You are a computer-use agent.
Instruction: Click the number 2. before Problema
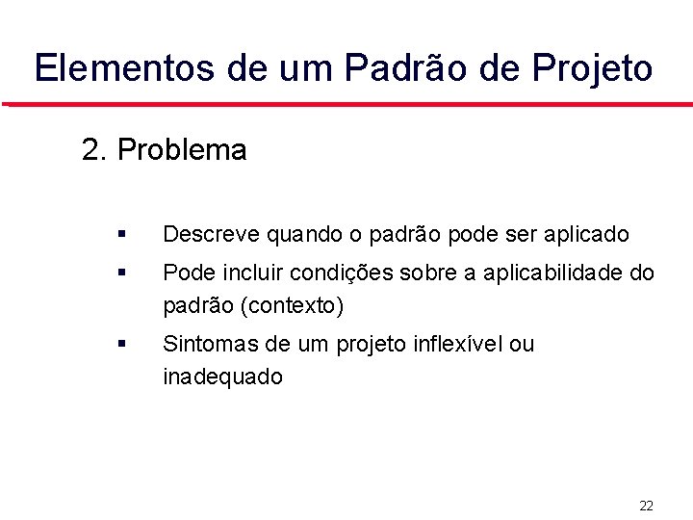point(94,150)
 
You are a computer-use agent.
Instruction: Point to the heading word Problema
point(181,150)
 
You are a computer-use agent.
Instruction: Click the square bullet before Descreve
point(119,234)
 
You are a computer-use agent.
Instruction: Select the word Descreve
point(211,234)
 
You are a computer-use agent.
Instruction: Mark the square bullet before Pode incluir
point(119,273)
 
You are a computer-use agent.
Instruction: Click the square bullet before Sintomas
point(119,344)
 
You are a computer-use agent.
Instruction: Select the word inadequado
point(222,377)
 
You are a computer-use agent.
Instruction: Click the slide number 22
point(646,505)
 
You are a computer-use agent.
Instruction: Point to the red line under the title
point(346,103)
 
